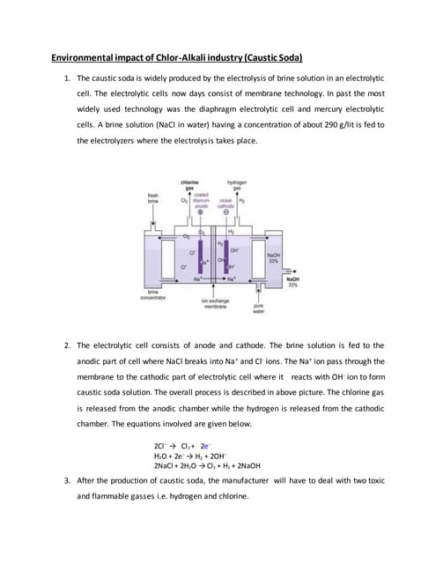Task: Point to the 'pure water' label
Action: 258,309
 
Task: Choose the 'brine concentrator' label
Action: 153,295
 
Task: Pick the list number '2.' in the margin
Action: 68,345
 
